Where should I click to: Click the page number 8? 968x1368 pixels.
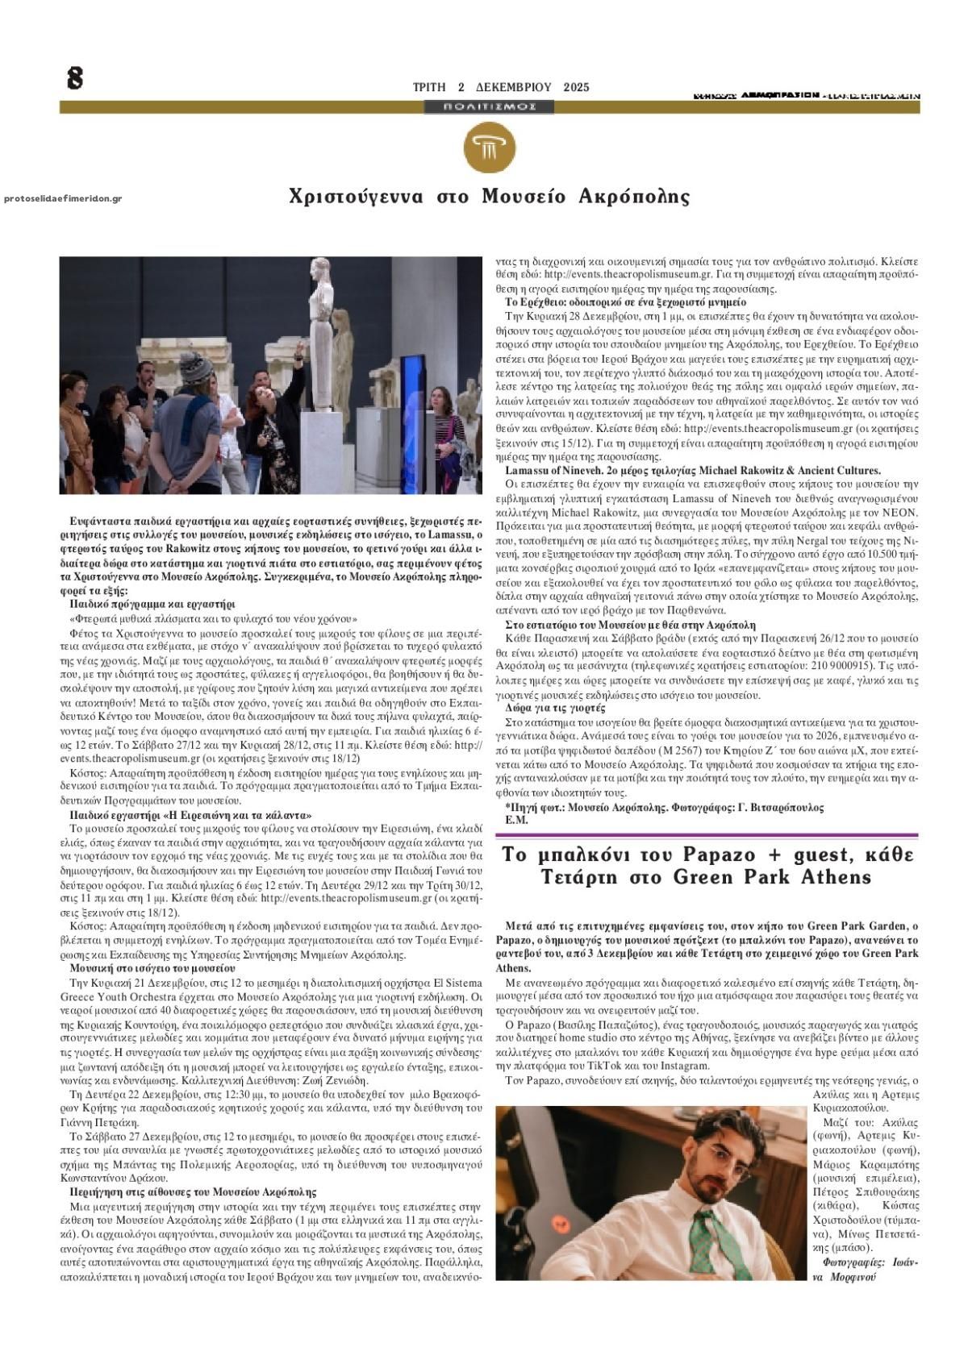point(75,78)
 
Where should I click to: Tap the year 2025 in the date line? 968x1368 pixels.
point(576,87)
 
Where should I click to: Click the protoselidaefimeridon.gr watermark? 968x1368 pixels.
point(63,198)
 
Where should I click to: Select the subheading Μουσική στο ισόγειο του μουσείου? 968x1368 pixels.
point(152,967)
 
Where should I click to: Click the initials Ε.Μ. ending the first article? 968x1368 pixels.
point(516,820)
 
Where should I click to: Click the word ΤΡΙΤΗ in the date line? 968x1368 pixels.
point(428,87)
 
